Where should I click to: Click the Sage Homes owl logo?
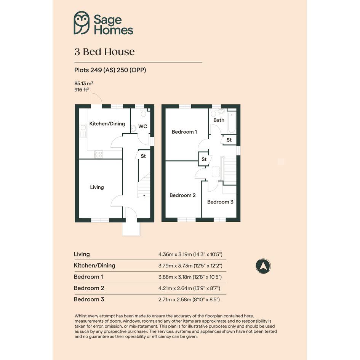coord(82,23)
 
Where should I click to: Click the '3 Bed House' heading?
coord(104,52)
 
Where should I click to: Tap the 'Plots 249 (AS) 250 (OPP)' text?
coord(110,70)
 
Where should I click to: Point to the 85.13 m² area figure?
coord(83,83)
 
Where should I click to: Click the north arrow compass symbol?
coord(263,266)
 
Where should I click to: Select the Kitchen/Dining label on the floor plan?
coord(107,124)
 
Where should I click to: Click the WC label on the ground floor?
coord(142,126)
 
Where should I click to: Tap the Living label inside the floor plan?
coord(97,187)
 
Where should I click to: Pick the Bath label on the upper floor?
coord(219,120)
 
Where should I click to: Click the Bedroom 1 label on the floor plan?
coord(184,132)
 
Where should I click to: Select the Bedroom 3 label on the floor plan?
coord(220,202)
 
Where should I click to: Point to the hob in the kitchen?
coord(99,154)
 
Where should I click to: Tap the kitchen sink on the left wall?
coord(83,131)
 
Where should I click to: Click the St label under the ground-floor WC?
coord(143,156)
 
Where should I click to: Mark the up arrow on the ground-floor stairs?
coord(144,195)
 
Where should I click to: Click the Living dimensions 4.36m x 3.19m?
coord(190,254)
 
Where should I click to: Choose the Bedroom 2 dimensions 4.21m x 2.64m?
coord(189,288)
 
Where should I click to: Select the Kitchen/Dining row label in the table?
coord(94,266)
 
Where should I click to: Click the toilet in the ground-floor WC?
coord(144,113)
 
